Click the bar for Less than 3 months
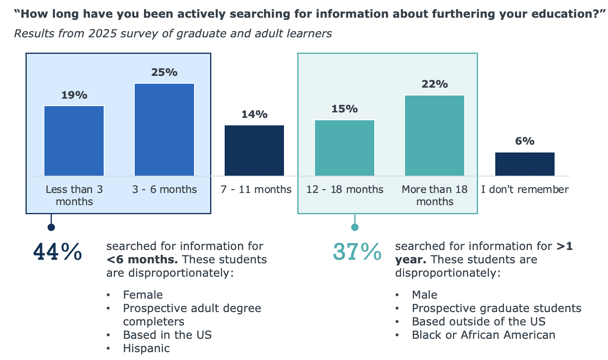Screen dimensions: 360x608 74,141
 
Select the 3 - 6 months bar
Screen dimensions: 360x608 164,130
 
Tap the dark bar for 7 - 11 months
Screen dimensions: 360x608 254,151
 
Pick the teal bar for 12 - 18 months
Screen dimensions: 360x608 344,148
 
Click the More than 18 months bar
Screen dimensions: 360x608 434,136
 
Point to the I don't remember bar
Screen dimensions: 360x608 525,164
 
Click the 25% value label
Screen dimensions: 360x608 164,72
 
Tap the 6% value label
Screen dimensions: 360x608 525,141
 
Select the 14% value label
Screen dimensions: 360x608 254,114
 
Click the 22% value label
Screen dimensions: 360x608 434,84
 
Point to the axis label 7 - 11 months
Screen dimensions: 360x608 256,189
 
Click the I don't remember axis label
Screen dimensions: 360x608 525,189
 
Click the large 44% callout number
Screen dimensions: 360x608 58,252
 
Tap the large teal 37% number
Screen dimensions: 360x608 357,252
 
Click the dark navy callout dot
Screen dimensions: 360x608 51,227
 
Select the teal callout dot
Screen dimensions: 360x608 355,227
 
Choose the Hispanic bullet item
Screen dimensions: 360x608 146,348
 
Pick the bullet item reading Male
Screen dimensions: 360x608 424,295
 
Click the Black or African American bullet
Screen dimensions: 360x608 483,335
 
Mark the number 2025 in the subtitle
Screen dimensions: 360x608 103,34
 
